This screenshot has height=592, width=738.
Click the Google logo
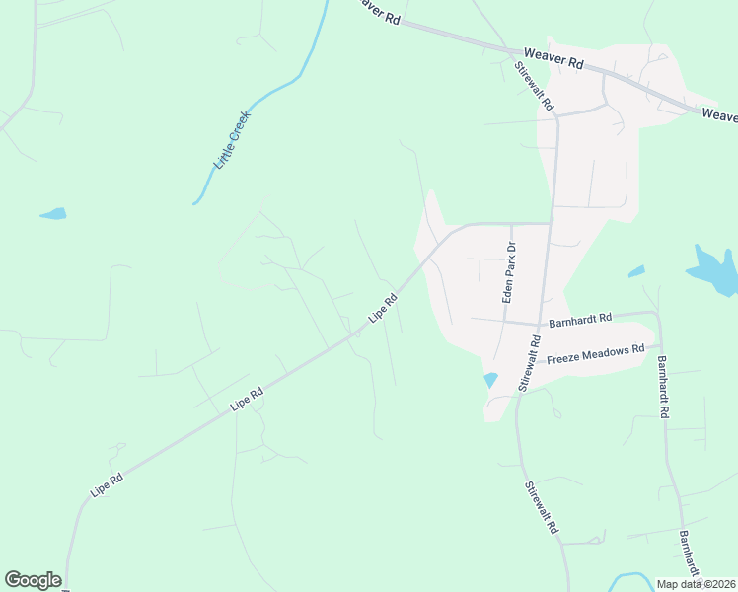click(x=33, y=580)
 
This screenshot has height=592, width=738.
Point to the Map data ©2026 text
click(x=696, y=584)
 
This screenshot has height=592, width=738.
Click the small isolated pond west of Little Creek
click(x=52, y=213)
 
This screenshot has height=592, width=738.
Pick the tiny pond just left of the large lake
click(x=636, y=271)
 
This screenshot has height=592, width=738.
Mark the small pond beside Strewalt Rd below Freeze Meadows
click(x=490, y=380)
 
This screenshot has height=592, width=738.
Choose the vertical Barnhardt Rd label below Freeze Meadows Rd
click(x=663, y=387)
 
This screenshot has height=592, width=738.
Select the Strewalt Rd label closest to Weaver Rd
click(x=535, y=85)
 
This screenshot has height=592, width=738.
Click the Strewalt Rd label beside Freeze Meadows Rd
click(x=530, y=361)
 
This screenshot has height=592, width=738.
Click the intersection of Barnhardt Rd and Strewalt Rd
click(x=541, y=324)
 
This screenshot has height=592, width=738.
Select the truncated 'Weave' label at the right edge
click(x=719, y=115)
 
